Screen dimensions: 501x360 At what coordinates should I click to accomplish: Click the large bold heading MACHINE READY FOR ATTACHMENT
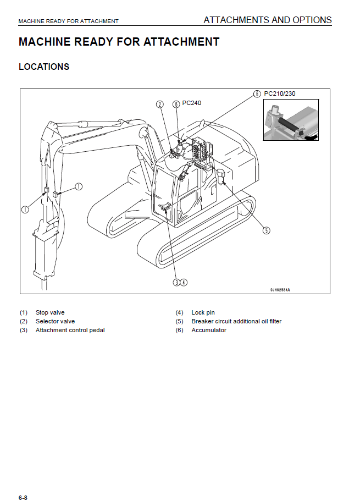coord(119,42)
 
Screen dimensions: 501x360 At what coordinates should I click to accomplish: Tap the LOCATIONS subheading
coord(44,67)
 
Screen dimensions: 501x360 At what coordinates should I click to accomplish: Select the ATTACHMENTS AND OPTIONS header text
coord(268,20)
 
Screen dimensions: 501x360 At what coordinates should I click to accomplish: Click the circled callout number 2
coord(160,104)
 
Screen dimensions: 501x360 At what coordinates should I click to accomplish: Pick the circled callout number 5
coord(267,230)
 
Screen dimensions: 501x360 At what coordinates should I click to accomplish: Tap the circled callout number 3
coord(176,282)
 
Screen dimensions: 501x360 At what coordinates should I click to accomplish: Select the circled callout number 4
coord(184,282)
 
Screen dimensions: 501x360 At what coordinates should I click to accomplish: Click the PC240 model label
coord(192,103)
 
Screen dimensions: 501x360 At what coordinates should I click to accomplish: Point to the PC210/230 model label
coord(280,93)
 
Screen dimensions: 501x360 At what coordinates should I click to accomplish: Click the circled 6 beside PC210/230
coord(257,93)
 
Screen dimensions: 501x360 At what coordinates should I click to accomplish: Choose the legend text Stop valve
coord(50,312)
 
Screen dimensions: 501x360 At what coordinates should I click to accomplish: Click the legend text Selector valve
coord(55,321)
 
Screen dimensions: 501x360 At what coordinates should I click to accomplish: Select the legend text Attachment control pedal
coord(70,330)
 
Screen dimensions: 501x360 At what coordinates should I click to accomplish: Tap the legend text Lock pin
coord(202,312)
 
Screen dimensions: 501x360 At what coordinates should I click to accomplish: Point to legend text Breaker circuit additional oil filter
coord(236,321)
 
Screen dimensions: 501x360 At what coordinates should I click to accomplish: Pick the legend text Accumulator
coord(209,330)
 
